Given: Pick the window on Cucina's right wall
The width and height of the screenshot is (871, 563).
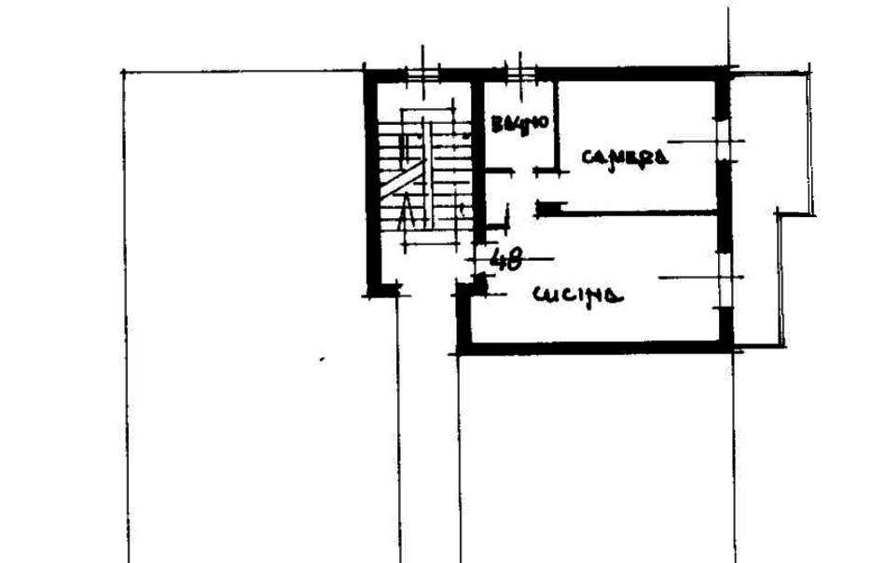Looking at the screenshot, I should coord(726,278).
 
